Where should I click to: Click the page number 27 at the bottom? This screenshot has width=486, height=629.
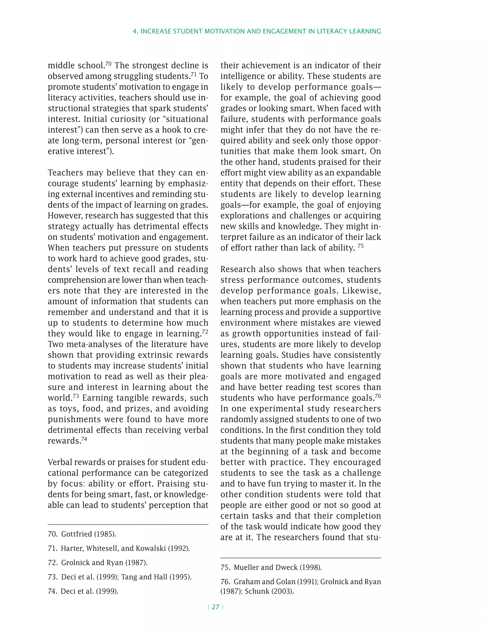pos(215,607)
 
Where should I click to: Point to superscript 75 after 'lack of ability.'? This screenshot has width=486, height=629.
pos(360,246)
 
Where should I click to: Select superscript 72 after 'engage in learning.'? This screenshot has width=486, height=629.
pos(205,332)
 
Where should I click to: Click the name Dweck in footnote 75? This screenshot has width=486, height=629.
pos(286,567)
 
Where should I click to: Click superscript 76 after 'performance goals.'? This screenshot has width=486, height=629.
pos(378,396)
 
